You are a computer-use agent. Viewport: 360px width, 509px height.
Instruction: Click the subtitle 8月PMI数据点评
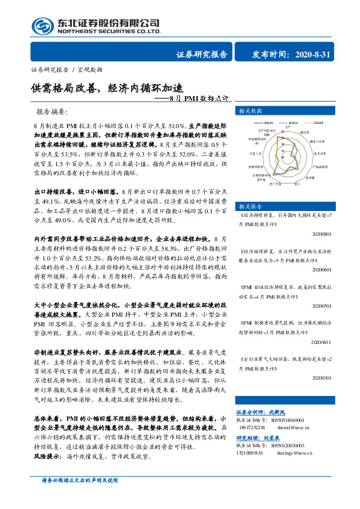[x=200, y=98]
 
